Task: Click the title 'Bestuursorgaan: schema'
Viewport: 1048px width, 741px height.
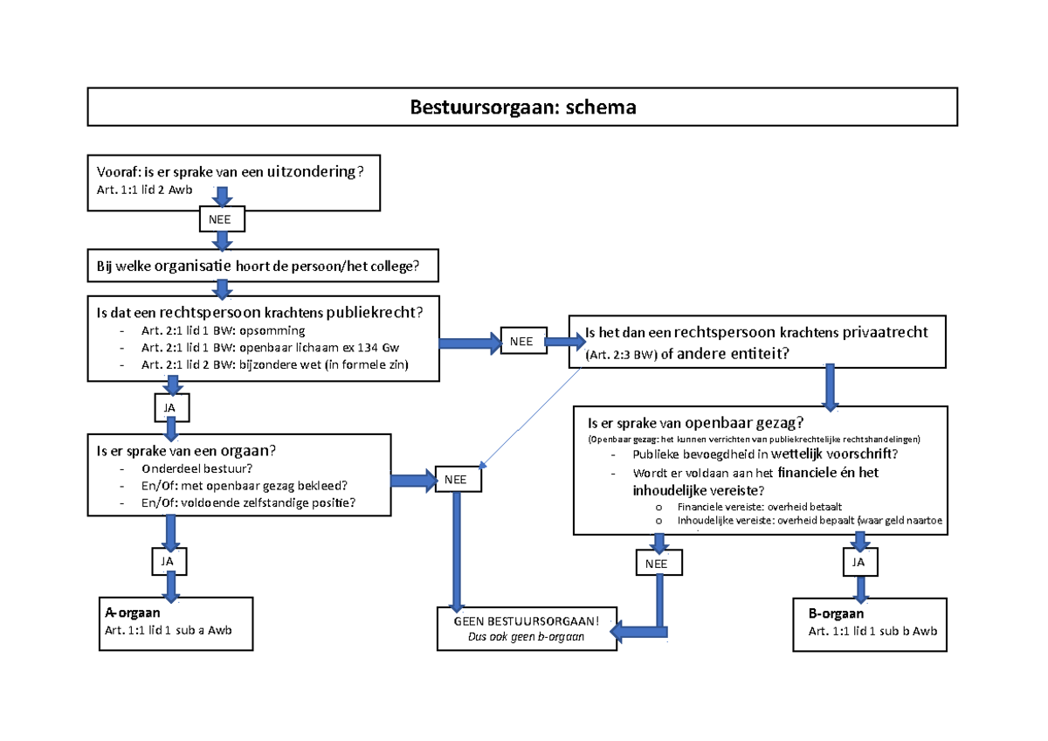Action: click(x=523, y=107)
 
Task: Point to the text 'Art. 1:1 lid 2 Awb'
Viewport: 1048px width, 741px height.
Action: click(x=145, y=190)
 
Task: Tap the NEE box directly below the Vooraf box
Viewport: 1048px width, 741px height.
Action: click(x=222, y=218)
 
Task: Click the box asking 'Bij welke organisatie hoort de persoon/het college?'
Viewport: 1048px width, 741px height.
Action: click(x=262, y=266)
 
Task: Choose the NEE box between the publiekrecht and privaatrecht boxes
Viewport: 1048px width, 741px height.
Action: click(x=522, y=342)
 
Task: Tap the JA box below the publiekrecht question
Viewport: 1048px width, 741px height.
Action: click(x=171, y=408)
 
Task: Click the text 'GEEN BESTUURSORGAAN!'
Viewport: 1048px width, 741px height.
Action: click(x=526, y=621)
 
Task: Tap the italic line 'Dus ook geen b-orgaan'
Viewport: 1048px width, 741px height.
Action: click(x=526, y=637)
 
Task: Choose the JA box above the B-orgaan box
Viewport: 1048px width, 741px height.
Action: click(x=858, y=564)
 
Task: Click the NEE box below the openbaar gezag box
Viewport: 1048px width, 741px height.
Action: click(x=657, y=564)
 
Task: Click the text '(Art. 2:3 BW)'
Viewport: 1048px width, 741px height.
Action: click(x=620, y=355)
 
